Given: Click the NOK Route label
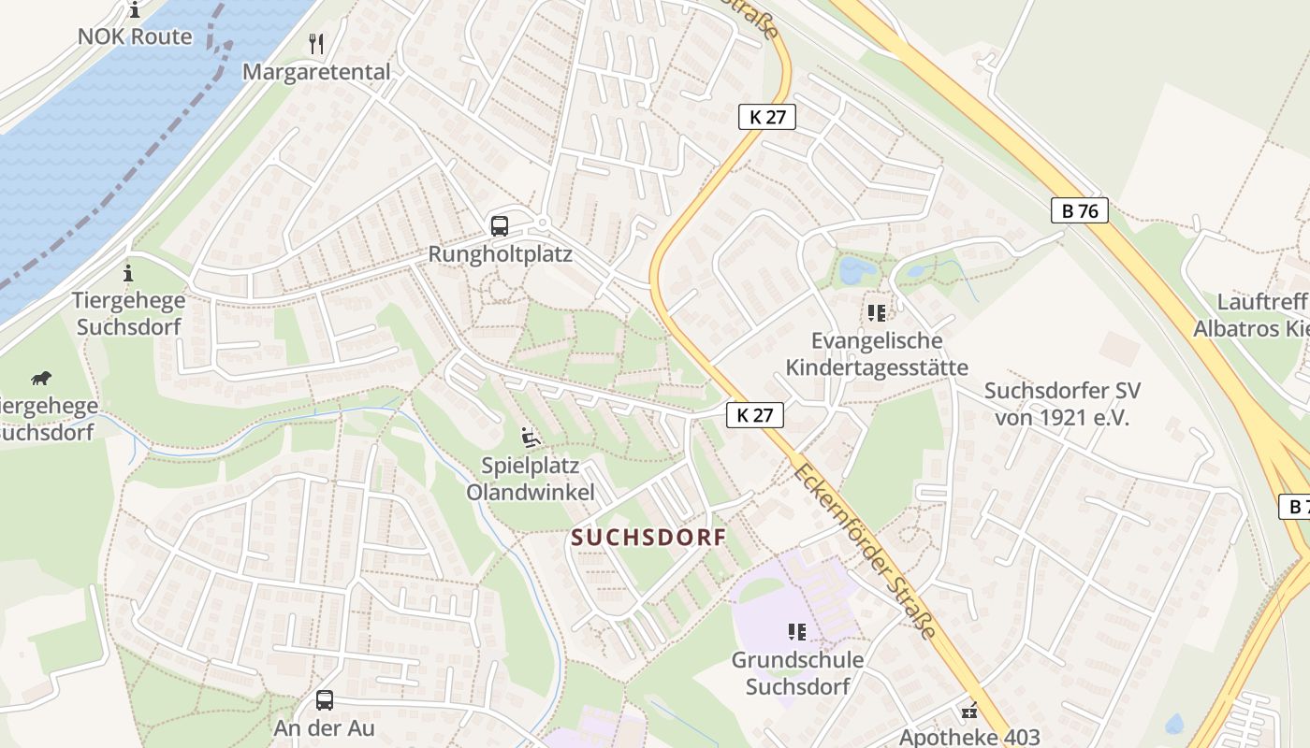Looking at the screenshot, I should (135, 37).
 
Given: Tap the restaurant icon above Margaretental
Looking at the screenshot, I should (316, 43).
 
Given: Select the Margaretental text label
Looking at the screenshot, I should (316, 72).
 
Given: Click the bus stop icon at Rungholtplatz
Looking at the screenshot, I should (500, 225).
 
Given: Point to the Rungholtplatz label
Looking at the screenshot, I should (500, 254).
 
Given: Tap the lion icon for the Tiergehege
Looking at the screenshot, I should (40, 379).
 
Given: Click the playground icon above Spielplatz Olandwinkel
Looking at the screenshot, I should (530, 437).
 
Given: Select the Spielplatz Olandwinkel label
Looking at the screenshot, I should (530, 479).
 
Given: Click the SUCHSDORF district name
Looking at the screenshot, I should (649, 538).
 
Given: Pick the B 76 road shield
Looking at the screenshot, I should (1080, 211).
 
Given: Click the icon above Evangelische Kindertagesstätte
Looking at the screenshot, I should (877, 312).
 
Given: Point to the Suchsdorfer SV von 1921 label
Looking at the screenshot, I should (1062, 404).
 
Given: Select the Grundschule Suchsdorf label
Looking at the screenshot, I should (797, 673).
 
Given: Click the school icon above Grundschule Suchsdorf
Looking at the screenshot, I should (797, 632).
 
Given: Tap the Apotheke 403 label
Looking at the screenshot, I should (969, 736).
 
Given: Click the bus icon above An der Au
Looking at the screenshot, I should (325, 699).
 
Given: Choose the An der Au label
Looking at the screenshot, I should (324, 727).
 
